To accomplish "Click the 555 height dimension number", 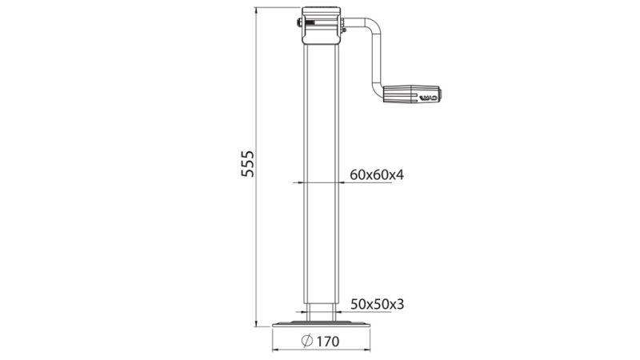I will [x=247, y=165].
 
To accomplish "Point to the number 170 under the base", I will [x=328, y=341].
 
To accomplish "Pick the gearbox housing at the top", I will [x=322, y=27].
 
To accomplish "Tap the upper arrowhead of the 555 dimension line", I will [x=256, y=12].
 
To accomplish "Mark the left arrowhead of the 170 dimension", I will [x=275, y=349].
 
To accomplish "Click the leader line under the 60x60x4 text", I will [x=364, y=183].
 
